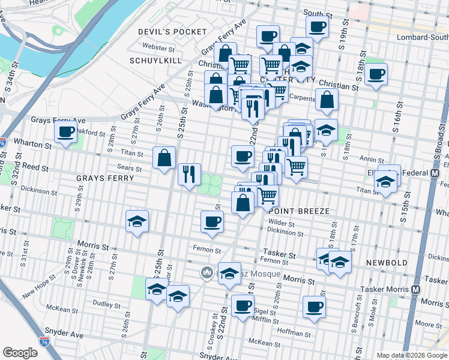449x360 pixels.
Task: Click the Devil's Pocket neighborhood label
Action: click(172, 31)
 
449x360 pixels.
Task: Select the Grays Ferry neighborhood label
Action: click(105, 178)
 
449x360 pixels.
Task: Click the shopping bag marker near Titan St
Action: click(164, 158)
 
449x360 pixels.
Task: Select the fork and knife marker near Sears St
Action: click(190, 174)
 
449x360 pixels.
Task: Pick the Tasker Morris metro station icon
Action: click(415, 289)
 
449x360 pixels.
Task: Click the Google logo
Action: click(20, 353)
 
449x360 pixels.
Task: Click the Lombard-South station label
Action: click(423, 37)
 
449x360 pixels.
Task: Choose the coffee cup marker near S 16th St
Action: click(376, 74)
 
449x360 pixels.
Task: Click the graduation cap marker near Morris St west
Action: click(137, 221)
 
